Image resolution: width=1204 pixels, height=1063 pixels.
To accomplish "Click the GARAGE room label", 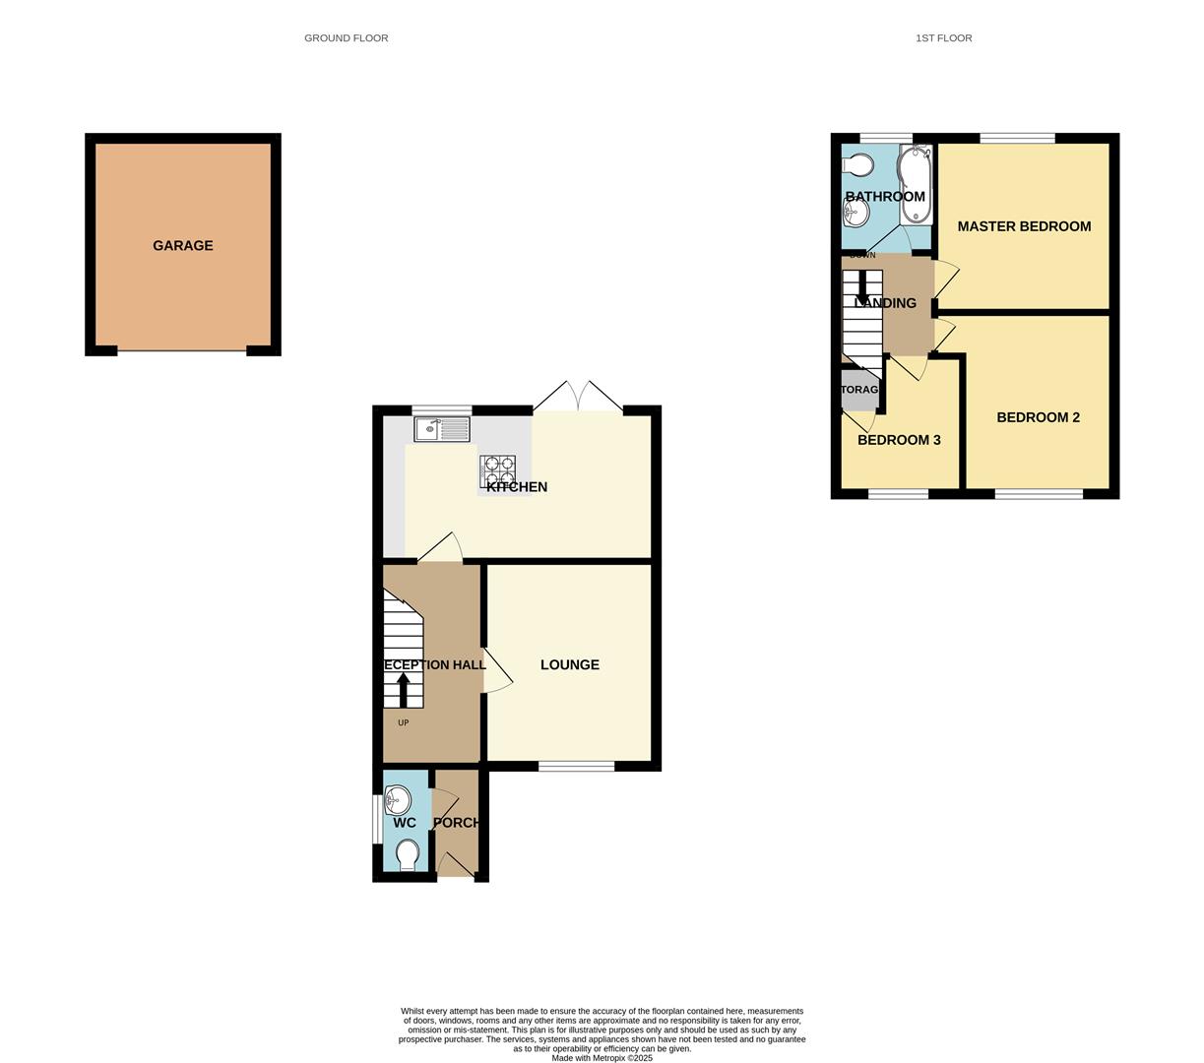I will [182, 246].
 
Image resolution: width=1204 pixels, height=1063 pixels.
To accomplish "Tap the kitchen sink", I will [442, 429].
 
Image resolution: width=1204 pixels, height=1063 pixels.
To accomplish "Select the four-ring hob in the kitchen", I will [498, 470].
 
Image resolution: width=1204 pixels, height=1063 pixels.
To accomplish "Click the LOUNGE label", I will [569, 665].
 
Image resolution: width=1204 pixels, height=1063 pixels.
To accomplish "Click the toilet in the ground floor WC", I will [406, 854].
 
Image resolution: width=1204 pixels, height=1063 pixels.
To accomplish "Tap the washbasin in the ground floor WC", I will [398, 798].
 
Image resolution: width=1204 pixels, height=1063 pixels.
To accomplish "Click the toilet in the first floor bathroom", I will [856, 163].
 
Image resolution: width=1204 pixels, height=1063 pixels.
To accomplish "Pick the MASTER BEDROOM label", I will [1024, 226].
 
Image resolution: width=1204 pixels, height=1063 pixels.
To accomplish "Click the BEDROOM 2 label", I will [1038, 417].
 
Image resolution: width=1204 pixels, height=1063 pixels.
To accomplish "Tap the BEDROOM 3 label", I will [899, 440].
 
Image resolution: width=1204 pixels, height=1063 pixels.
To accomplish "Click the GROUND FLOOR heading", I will [346, 38].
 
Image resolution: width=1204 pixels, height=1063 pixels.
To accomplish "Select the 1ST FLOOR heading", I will [943, 38].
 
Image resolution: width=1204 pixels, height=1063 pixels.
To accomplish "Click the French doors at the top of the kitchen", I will [579, 398].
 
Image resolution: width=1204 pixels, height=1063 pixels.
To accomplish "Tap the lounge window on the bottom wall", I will [577, 766].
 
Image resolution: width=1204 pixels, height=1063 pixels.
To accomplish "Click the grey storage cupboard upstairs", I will [859, 390].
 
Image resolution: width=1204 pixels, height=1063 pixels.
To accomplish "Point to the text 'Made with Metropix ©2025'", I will [602, 1058].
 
